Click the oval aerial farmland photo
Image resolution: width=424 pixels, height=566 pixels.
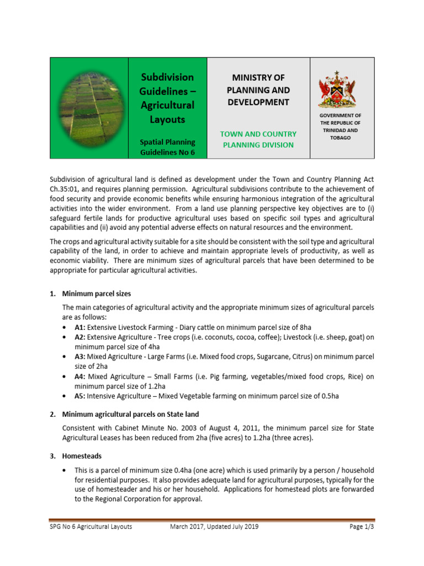click(x=89, y=108)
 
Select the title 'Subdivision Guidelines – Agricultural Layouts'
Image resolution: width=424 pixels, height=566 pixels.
click(x=167, y=98)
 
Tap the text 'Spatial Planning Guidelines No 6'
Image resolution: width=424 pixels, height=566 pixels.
click(x=167, y=147)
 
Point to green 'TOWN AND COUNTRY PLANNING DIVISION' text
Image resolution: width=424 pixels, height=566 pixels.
click(x=258, y=139)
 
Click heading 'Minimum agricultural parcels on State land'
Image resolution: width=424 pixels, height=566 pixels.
click(x=130, y=414)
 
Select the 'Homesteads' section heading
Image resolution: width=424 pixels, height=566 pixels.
click(x=82, y=456)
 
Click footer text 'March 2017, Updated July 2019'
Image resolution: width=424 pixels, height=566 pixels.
click(x=214, y=527)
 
